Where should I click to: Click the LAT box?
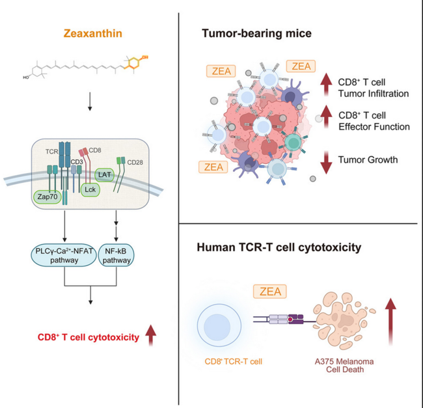(105, 174)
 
